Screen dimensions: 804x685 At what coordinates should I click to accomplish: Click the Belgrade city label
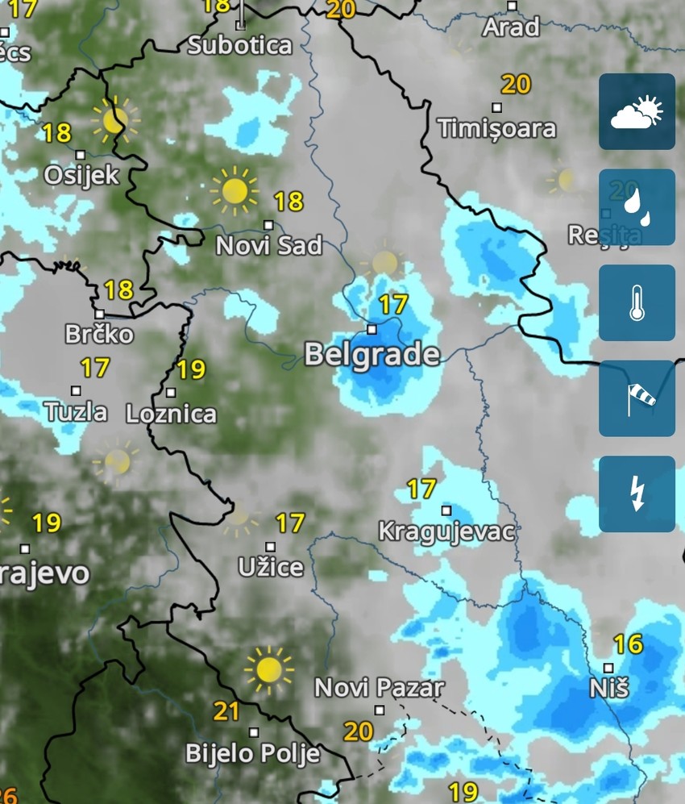372,354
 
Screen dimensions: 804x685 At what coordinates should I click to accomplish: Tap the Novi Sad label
268,245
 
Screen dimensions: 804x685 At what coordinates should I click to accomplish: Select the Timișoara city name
497,128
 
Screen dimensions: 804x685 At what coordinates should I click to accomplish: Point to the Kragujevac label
446,531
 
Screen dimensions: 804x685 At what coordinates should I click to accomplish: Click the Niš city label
609,688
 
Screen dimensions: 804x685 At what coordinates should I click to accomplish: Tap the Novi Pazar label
379,688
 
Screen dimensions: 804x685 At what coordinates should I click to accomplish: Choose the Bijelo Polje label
253,753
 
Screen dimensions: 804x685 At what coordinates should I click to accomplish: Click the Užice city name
271,567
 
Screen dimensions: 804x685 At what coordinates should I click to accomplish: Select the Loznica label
172,414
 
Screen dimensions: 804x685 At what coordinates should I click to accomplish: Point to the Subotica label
239,44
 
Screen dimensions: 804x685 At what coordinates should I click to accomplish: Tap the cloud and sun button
637,112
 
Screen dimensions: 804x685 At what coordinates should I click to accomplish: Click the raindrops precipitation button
637,207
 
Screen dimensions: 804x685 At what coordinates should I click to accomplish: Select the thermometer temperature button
637,303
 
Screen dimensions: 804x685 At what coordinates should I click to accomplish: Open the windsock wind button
637,398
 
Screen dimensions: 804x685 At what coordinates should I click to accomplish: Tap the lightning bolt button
637,494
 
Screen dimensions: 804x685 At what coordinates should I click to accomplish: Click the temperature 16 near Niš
628,644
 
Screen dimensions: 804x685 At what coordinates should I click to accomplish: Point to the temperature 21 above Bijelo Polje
226,711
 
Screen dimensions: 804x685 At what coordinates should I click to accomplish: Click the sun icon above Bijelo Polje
268,669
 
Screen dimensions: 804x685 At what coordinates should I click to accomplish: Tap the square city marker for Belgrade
372,329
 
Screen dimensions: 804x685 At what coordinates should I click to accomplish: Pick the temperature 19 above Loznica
191,369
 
